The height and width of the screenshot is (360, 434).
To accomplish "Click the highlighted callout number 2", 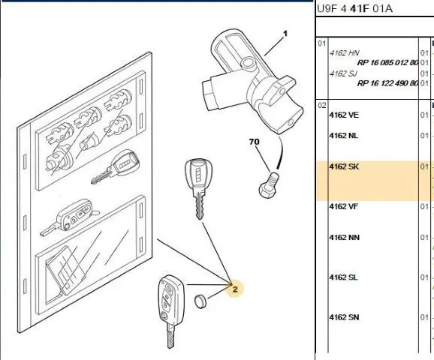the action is pos(235,289).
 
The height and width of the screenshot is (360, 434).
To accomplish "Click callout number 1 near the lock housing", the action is pos(285,34).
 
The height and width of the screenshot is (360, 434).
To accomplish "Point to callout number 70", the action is pos(255,142).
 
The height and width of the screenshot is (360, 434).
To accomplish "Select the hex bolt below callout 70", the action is pos(269,185).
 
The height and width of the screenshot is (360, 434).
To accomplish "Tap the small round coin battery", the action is pos(200,301).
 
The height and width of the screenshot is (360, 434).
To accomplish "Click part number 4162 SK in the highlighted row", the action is pos(344,166).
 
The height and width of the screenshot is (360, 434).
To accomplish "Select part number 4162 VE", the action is pos(344,115).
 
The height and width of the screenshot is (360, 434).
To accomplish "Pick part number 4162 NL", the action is pos(343,136).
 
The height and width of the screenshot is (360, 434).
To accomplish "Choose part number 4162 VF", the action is pos(343,206).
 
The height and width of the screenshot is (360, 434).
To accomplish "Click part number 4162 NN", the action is pos(345,238).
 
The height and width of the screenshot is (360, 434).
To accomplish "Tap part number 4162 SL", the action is pos(343,277).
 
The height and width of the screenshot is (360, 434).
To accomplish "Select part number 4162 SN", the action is pos(344,317).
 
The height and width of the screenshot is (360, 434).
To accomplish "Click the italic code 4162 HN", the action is pos(345,52).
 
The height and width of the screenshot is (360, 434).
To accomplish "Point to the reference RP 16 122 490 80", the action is pos(387,83).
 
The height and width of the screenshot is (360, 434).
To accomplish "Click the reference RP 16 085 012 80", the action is pos(387,62).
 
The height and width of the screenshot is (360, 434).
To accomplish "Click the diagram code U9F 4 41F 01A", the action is pos(354,9).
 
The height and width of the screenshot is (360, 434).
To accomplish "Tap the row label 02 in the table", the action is pos(322,106).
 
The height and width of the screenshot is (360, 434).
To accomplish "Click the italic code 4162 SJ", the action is pos(343,73).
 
